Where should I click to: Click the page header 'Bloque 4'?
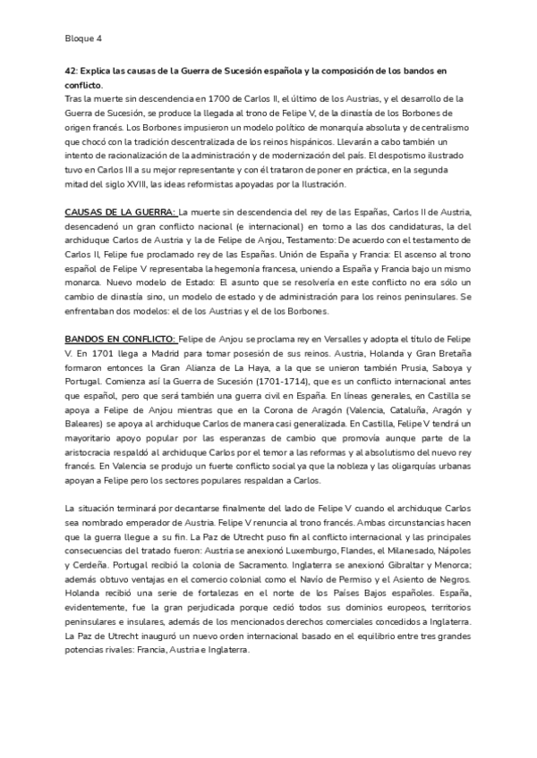point(84,38)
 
